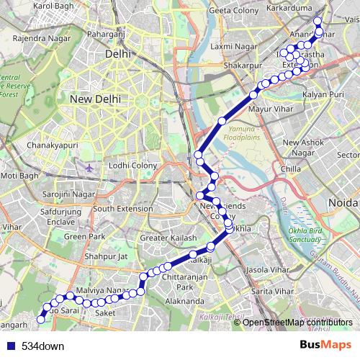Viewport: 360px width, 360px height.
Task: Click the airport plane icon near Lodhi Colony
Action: point(89,168)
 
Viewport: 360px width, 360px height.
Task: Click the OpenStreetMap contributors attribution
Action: point(299,322)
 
